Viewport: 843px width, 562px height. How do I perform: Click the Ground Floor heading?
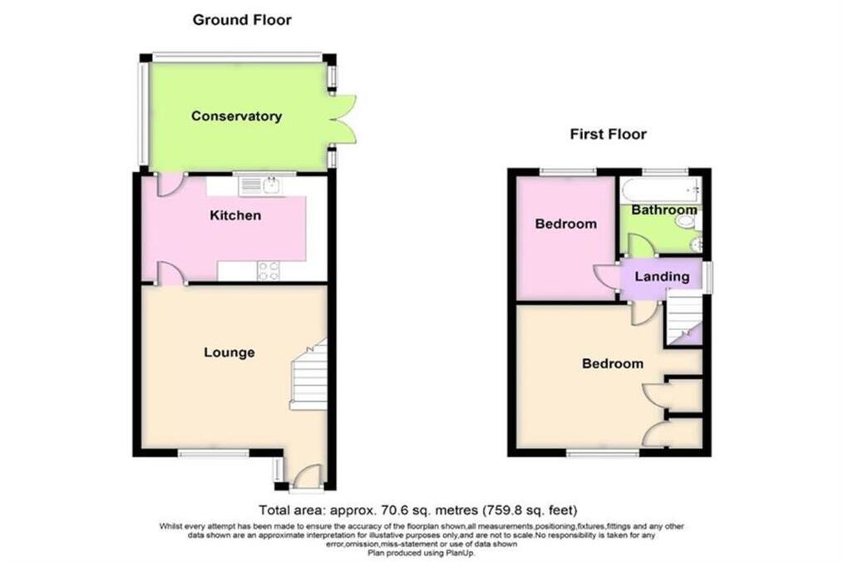(x=242, y=20)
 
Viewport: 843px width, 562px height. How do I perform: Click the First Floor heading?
(x=608, y=134)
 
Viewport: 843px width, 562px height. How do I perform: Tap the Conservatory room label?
(x=237, y=116)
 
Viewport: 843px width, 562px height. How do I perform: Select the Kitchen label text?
(x=235, y=215)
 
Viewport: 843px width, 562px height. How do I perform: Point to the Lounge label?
(x=229, y=352)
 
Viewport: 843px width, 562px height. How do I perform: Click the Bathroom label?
(x=664, y=210)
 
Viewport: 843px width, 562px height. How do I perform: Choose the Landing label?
(x=662, y=277)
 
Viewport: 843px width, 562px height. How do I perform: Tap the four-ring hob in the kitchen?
(x=269, y=270)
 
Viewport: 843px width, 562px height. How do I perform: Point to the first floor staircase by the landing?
(x=684, y=318)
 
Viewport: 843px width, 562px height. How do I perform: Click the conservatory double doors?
(x=343, y=119)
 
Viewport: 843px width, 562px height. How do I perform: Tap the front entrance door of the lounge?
(x=306, y=476)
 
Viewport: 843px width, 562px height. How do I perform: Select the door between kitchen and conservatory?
(x=170, y=184)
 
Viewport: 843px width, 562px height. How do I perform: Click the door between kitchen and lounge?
(x=170, y=274)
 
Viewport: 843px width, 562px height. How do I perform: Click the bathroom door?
(x=640, y=246)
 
